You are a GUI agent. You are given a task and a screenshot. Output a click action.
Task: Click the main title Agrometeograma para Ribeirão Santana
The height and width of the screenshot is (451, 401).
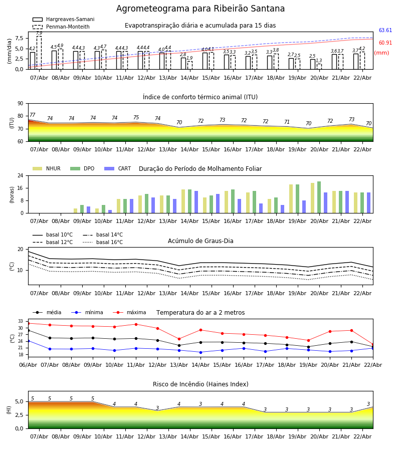(x=200, y=9)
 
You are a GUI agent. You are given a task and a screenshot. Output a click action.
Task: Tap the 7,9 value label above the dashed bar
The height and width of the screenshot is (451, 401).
(x=39, y=33)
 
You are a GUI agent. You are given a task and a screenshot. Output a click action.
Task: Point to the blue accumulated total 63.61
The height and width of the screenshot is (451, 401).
(x=385, y=31)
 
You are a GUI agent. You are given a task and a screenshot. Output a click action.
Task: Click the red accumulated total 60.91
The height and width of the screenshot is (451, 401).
(x=385, y=43)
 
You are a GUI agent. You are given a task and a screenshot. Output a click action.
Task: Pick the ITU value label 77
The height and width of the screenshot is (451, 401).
(x=32, y=115)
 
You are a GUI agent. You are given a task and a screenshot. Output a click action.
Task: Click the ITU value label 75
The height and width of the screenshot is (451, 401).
(x=136, y=118)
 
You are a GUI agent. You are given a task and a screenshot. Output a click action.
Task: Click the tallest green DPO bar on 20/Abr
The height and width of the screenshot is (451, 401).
(x=319, y=197)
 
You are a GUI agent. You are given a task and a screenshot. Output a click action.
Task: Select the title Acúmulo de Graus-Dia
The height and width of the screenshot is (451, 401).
(x=200, y=241)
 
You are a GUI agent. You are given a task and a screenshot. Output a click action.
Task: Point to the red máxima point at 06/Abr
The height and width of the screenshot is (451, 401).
(x=28, y=323)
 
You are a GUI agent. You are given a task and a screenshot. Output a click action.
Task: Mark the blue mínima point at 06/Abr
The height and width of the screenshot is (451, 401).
(x=28, y=341)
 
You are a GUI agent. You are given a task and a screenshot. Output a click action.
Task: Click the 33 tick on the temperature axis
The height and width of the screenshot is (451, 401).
(x=21, y=321)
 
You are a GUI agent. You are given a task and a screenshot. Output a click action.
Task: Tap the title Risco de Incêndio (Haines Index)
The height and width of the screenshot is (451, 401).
(x=200, y=384)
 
